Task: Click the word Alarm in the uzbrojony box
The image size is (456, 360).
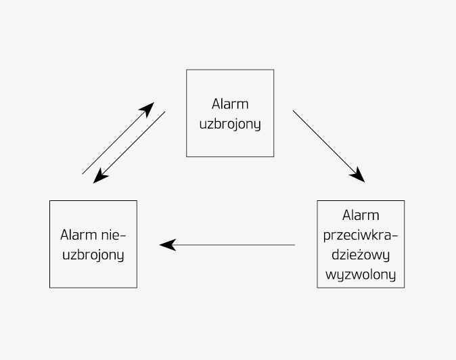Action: coord(230,104)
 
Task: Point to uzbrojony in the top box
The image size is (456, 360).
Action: coord(230,125)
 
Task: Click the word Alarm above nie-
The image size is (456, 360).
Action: coord(78,235)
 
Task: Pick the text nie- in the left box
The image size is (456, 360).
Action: coord(114,235)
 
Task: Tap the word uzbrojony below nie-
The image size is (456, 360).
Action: coord(93,256)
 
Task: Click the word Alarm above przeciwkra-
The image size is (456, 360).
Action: coord(361,215)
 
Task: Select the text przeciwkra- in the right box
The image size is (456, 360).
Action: coord(361,235)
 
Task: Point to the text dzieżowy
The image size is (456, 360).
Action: coord(361,256)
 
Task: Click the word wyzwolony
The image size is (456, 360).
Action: coord(361,276)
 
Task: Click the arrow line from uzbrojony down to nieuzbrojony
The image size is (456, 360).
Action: coord(132,145)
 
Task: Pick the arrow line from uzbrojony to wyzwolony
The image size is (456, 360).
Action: coord(325,142)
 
